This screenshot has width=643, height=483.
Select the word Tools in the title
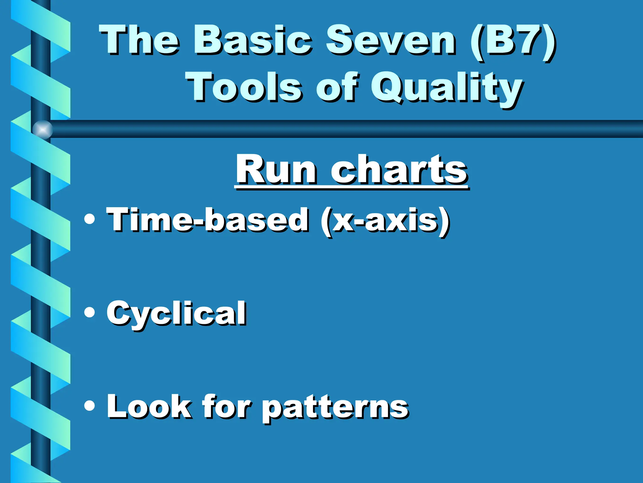coord(244,86)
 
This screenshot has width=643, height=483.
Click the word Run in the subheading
coord(276,170)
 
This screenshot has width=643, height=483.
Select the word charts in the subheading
coord(399,170)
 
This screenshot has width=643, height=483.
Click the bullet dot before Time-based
coord(89,219)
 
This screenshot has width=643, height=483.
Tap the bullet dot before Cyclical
coord(89,312)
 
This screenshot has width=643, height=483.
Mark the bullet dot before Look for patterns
coord(89,406)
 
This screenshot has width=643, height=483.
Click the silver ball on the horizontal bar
coord(43,130)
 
